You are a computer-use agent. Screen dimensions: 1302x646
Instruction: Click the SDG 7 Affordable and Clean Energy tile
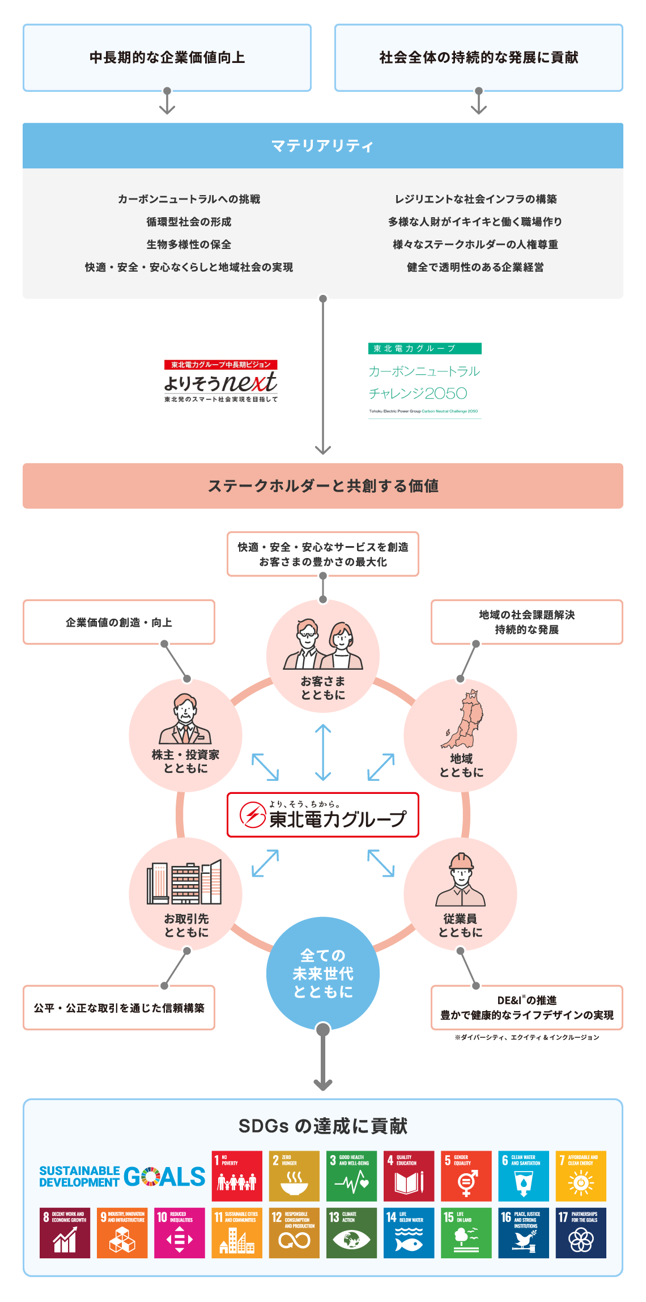[x=581, y=1176]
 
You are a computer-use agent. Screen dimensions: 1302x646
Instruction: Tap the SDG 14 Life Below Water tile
[x=409, y=1233]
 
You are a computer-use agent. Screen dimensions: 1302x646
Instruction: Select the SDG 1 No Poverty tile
[x=237, y=1176]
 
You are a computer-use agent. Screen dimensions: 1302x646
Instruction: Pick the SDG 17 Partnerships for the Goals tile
[x=581, y=1233]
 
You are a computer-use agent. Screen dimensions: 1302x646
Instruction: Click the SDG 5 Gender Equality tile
[x=466, y=1176]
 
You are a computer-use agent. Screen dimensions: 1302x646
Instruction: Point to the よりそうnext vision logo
[x=221, y=381]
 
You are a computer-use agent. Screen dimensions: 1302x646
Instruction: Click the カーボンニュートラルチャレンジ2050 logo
[x=424, y=381]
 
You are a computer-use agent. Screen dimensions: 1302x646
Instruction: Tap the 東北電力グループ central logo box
[x=323, y=815]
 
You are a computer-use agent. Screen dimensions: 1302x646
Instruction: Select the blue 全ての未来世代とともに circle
[x=323, y=973]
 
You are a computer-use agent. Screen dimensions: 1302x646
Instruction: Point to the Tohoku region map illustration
[x=462, y=719]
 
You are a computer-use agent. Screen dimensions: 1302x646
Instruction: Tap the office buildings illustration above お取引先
[x=185, y=882]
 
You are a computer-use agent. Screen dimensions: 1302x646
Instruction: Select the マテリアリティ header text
[x=322, y=146]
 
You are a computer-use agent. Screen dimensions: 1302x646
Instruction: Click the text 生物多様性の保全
[x=189, y=244]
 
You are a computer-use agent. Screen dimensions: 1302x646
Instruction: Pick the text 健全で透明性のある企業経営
[x=475, y=267]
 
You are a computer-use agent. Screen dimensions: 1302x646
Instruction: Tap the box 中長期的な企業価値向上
[x=167, y=57]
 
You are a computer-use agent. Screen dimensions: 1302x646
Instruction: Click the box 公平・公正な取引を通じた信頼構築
[x=119, y=1008]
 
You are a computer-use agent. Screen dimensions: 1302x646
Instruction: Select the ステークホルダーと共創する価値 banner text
[x=323, y=486]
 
